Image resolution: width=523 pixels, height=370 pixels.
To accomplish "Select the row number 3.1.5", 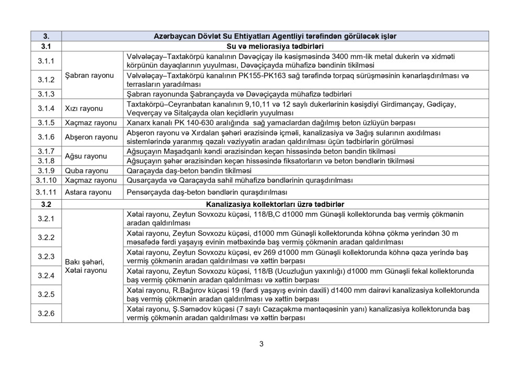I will (x=46, y=123).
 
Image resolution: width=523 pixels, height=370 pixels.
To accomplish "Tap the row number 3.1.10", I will (x=46, y=180).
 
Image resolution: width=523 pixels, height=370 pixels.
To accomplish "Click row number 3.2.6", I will (x=46, y=313).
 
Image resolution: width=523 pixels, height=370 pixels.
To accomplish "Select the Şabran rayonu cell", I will (x=89, y=75).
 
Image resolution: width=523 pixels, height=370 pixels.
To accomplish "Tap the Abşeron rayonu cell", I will (x=91, y=137).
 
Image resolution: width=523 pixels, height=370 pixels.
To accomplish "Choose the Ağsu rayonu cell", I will (x=86, y=156).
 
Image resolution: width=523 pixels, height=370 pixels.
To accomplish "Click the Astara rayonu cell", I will (x=88, y=192).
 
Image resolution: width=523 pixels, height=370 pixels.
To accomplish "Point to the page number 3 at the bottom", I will (x=261, y=344).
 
